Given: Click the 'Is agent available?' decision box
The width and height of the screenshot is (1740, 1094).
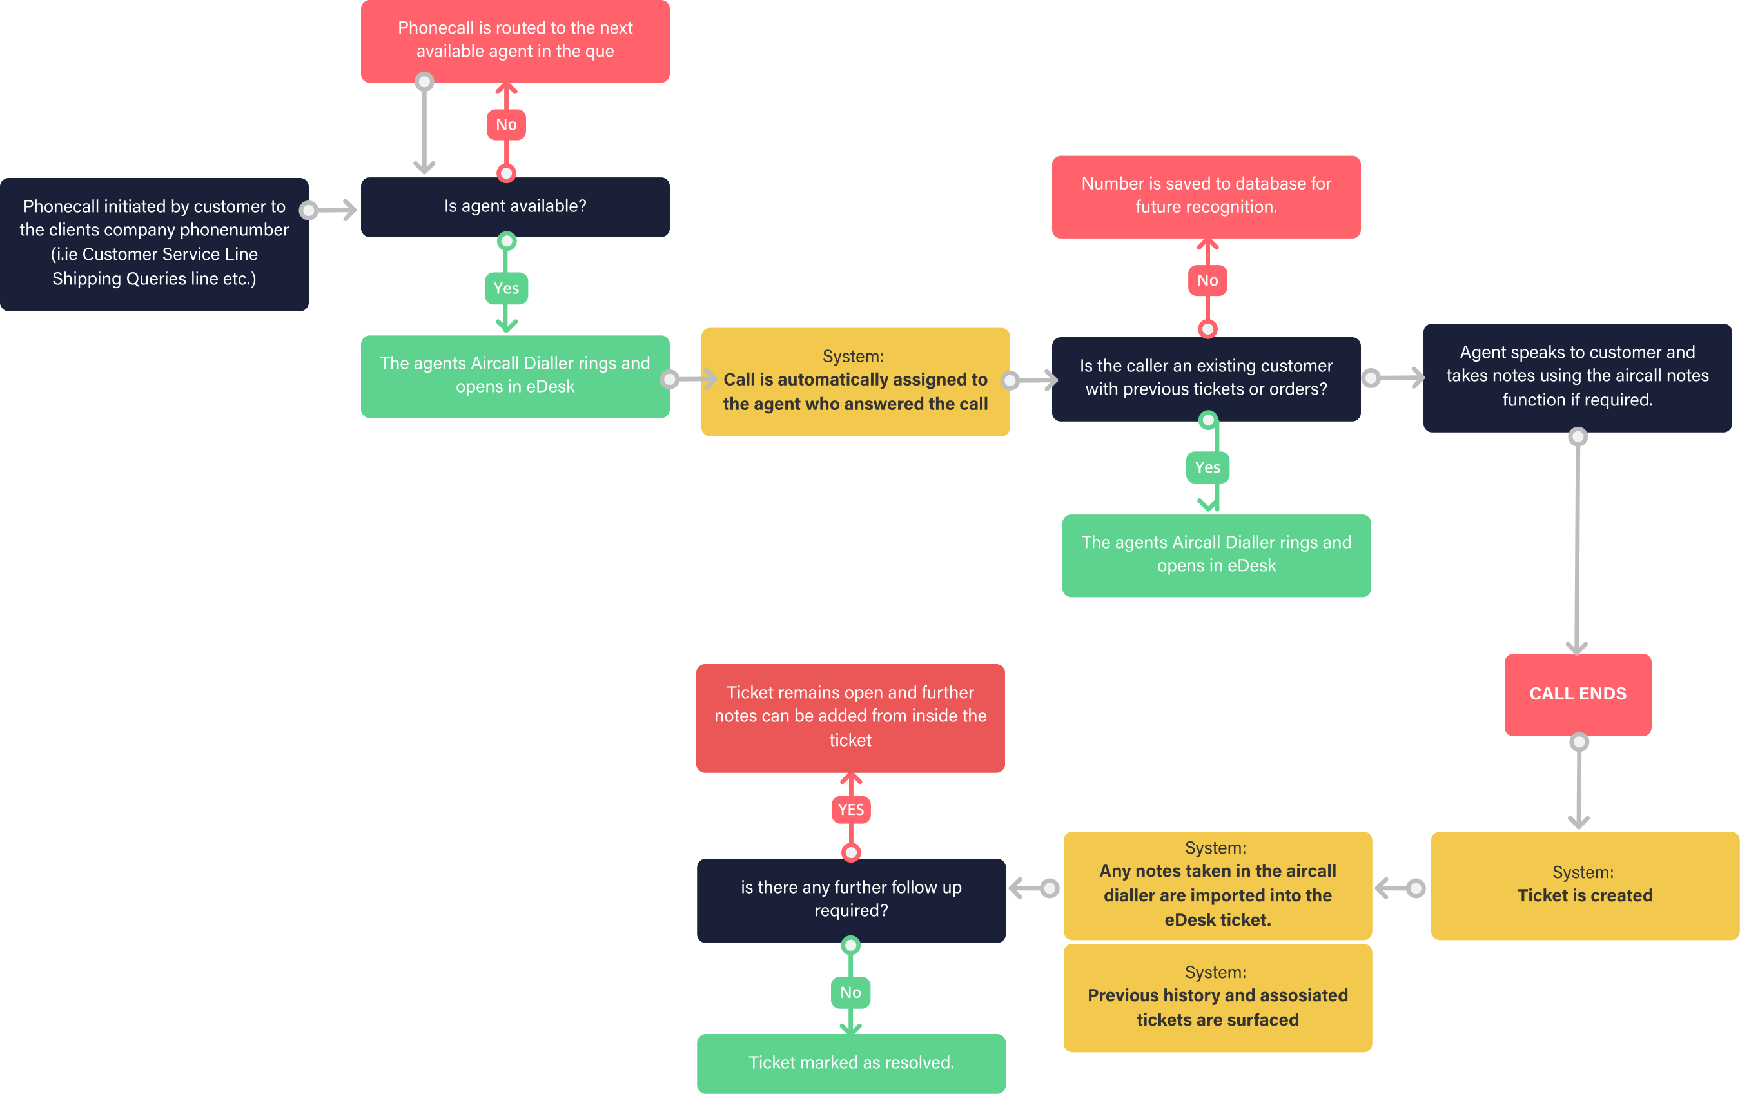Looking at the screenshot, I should coord(514,207).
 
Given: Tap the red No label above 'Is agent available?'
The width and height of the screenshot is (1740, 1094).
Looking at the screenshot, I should coord(506,124).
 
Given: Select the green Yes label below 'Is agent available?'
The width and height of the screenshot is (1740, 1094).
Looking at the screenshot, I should coord(506,288).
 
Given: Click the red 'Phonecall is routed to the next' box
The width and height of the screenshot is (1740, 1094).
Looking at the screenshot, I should coord(514,41).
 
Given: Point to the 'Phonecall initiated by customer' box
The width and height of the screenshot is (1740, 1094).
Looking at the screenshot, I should coord(154,244).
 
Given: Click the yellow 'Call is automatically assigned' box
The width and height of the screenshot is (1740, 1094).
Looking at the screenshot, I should coord(855,381).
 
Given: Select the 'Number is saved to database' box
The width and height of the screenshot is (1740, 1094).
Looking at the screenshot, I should coord(1206,196).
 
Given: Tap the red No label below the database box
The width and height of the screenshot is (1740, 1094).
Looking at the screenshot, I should coord(1207,280).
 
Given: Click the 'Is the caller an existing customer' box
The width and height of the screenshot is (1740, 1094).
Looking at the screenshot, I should coord(1206,378).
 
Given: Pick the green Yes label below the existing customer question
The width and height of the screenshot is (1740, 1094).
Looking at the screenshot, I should coord(1207,467).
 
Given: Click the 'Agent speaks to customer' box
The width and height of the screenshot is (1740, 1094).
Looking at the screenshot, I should coord(1577,376).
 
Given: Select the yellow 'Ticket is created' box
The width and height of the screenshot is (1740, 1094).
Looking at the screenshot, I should coord(1584,884).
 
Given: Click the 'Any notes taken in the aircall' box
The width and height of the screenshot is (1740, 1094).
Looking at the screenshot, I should coord(1217,884).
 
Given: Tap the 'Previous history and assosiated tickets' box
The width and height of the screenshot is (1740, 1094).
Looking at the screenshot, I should coord(1217,998).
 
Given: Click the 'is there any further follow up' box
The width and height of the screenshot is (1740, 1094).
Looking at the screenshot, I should coord(850,899).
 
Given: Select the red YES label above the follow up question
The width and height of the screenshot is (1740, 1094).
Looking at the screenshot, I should coord(850,809).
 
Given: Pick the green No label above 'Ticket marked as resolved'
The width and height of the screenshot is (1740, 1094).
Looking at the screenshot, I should coord(850,992).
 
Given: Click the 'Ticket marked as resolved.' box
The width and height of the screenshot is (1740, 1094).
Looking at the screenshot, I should coord(850,1062).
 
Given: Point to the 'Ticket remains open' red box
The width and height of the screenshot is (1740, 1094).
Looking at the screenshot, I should coord(850,717).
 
